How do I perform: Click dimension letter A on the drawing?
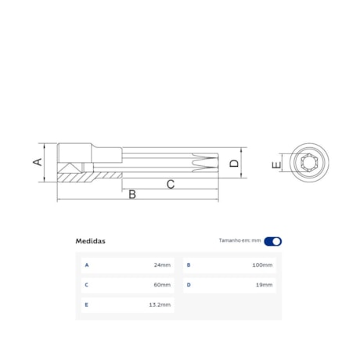[36, 162]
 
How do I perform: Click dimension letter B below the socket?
[132, 194]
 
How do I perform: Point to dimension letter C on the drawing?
[170, 184]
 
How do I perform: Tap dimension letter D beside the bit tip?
[233, 164]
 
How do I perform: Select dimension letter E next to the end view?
[275, 165]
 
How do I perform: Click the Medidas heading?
[90, 241]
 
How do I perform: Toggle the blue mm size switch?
[273, 241]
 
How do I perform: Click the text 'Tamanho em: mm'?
[239, 241]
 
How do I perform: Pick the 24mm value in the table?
[163, 265]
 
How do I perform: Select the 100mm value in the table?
[263, 265]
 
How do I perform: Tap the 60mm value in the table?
[163, 285]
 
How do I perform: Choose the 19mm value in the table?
[265, 285]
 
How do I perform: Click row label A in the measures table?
[87, 265]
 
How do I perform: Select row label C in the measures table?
[87, 285]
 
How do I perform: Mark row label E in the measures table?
[87, 304]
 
